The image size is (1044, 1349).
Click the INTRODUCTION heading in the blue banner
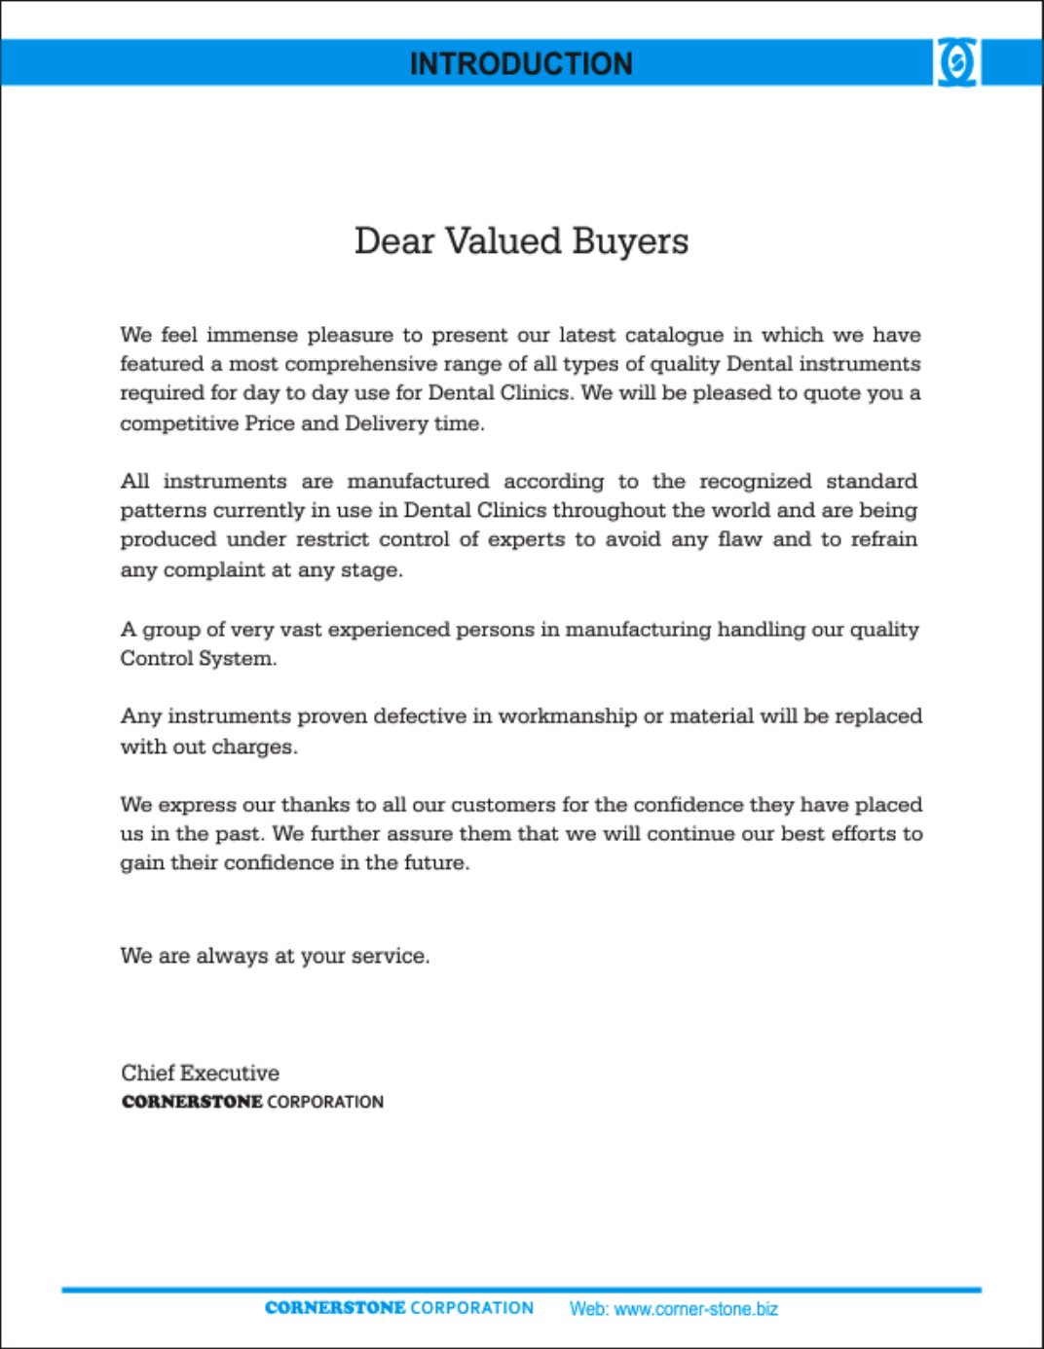[521, 64]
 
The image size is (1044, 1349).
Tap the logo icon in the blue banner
[957, 62]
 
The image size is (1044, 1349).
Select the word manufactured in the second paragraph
[418, 482]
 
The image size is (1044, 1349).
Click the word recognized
[755, 482]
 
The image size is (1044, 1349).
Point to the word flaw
[739, 539]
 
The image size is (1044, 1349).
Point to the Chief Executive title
[201, 1073]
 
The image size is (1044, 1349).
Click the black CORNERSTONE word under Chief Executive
[192, 1102]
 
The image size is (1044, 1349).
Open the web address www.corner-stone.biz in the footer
[695, 1309]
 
